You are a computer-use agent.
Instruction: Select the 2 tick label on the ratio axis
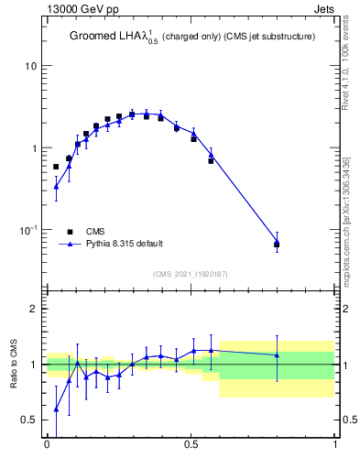(x=33, y=310)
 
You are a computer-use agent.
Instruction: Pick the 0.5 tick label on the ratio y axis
(x=28, y=420)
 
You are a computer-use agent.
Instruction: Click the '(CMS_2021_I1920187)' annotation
(x=191, y=273)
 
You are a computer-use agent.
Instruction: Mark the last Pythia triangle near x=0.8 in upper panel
(x=277, y=242)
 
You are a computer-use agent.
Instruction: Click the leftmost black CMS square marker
(x=56, y=167)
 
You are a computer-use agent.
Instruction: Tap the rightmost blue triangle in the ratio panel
(x=277, y=354)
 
